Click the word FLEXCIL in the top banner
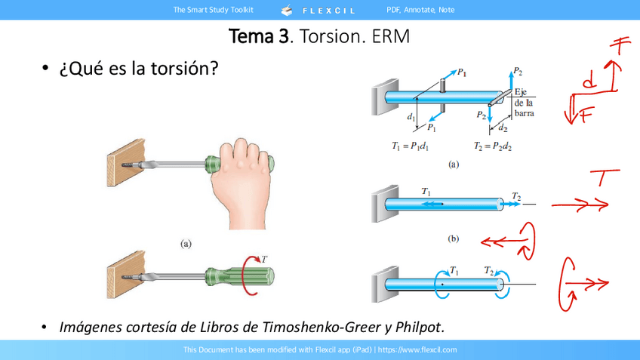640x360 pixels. [x=328, y=11]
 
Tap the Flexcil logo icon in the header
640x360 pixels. [x=287, y=11]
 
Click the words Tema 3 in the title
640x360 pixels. [x=259, y=36]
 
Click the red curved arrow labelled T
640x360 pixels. [x=245, y=274]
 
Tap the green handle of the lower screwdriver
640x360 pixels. [x=239, y=276]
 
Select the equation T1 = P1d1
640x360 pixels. [x=411, y=146]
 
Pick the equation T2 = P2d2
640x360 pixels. [x=493, y=146]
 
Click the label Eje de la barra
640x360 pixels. [x=524, y=103]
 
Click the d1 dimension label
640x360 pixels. [x=411, y=118]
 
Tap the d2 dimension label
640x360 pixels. [x=503, y=128]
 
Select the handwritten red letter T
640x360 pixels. [x=605, y=177]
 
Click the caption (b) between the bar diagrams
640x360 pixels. [x=453, y=238]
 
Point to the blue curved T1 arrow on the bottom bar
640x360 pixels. [x=441, y=283]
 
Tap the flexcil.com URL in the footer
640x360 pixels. [x=417, y=349]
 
